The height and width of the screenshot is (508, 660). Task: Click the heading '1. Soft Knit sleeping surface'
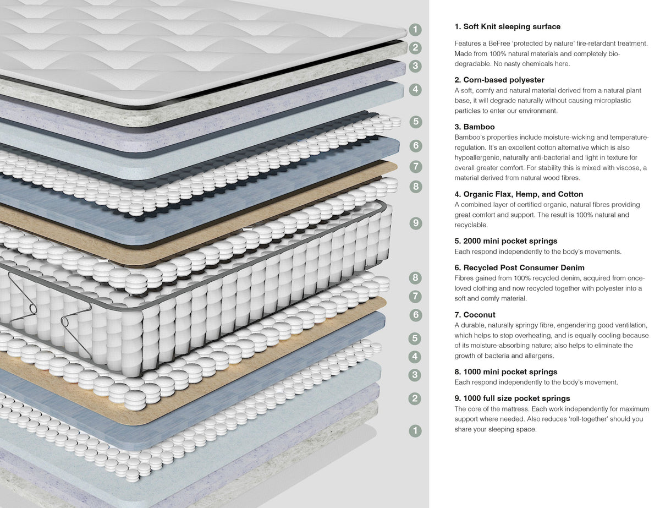point(507,26)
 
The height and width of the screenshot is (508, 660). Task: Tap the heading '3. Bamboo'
point(475,127)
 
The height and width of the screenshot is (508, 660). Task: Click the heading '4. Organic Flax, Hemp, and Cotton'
point(519,194)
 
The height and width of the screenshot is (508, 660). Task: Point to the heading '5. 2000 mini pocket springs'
point(506,241)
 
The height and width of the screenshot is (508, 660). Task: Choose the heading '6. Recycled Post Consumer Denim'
point(520,267)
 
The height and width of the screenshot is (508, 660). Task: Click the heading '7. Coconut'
point(475,315)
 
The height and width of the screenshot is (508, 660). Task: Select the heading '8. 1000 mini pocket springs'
point(506,372)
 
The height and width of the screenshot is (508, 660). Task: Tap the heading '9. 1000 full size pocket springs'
point(512,398)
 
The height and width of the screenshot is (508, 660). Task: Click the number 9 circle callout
point(416,223)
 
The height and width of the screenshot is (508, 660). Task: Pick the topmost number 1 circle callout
point(416,29)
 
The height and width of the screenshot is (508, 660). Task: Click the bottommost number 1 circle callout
point(416,430)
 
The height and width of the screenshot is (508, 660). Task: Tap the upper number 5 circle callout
point(416,121)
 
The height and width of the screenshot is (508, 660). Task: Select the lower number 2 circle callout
point(416,398)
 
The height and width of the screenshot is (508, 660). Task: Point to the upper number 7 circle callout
point(416,166)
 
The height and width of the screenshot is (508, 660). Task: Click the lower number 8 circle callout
point(416,277)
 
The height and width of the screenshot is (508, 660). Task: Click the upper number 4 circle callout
point(416,89)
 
